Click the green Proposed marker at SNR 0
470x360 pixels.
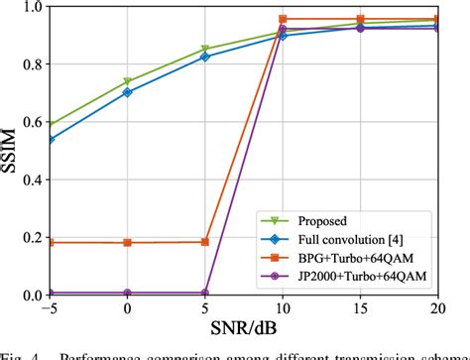click(x=128, y=81)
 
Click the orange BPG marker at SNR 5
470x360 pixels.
click(x=205, y=242)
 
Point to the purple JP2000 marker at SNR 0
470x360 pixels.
click(x=128, y=293)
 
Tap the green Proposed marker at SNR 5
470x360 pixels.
click(x=205, y=49)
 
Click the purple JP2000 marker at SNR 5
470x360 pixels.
click(x=205, y=293)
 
